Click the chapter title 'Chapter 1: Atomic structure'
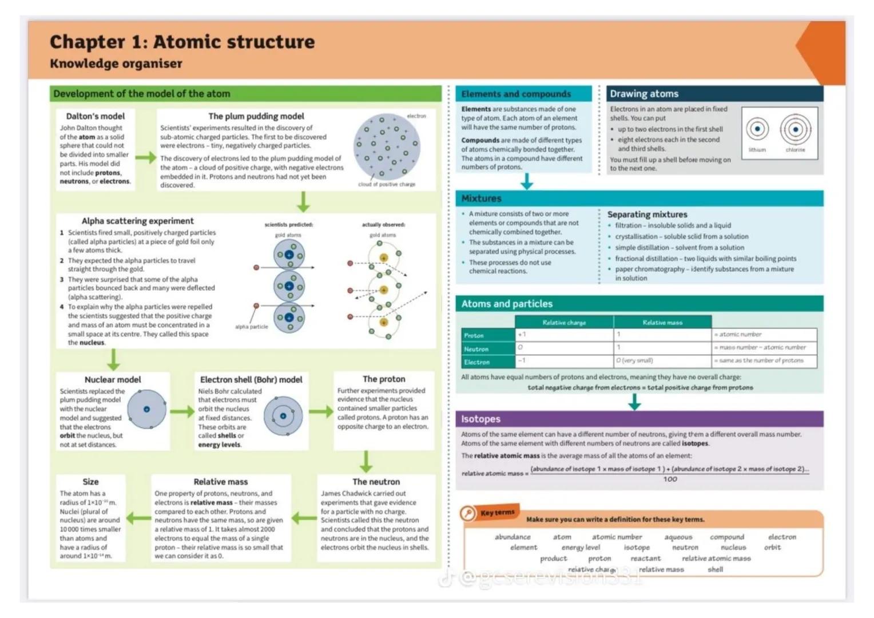coord(182,42)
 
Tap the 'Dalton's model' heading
coord(95,116)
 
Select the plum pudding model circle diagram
coord(386,147)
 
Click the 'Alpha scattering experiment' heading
coord(137,221)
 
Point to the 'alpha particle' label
coord(251,327)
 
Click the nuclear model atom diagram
coord(147,409)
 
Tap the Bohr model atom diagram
coord(283,416)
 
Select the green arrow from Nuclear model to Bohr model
coord(182,411)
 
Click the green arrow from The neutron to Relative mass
coord(304,518)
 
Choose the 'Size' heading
coord(90,482)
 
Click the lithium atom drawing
coord(757,129)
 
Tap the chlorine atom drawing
coord(795,129)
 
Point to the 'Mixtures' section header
coord(481,199)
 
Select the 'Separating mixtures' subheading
coord(647,215)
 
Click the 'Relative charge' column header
coord(564,323)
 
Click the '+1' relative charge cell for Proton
coord(522,335)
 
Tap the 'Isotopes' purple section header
coord(480,419)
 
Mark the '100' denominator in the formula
coord(670,480)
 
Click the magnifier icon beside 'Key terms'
coord(468,513)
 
